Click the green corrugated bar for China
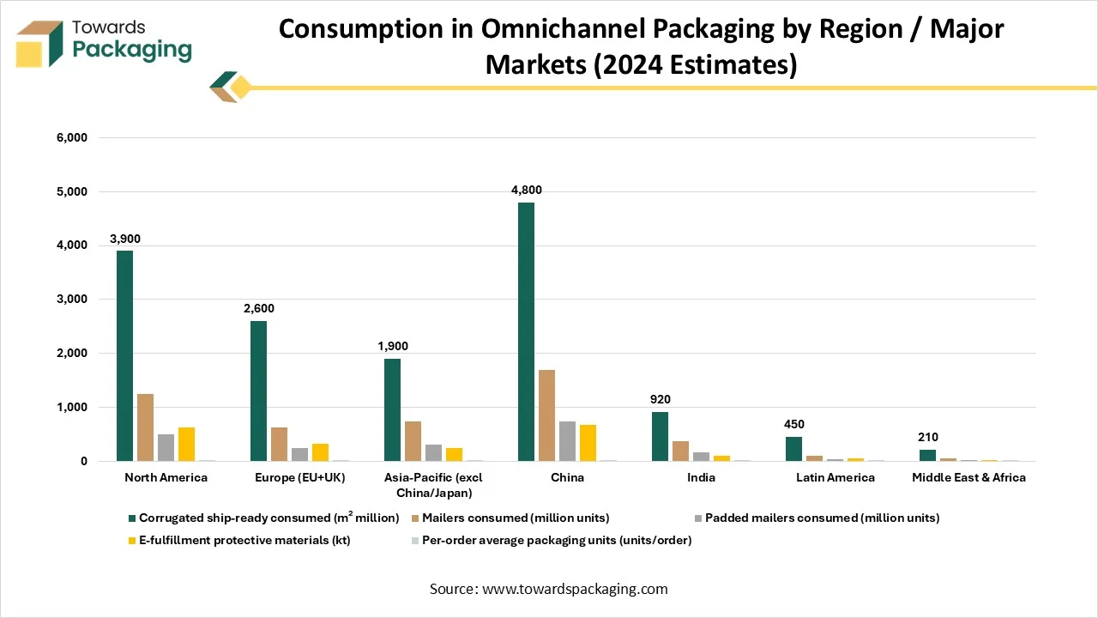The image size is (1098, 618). [526, 332]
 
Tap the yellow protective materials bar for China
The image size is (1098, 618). [588, 443]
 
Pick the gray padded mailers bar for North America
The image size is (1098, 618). [166, 447]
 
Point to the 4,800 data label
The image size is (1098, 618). [526, 191]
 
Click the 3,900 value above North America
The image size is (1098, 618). [124, 239]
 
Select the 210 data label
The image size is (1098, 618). [927, 438]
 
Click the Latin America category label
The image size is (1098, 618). [835, 477]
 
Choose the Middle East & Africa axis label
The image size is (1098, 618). [968, 477]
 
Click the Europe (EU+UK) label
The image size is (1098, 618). [299, 477]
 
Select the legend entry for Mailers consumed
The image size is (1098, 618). [516, 518]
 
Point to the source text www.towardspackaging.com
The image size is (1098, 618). [575, 589]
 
